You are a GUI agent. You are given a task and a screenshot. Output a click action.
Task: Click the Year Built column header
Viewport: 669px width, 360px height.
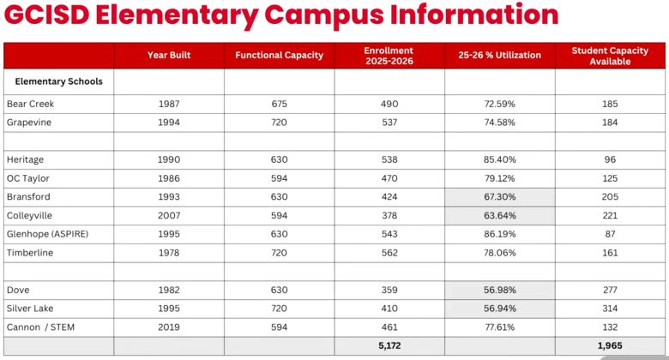[169, 56]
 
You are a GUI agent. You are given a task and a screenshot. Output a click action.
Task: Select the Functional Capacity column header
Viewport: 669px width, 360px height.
[280, 56]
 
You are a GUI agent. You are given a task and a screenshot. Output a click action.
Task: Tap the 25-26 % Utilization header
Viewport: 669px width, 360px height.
[499, 56]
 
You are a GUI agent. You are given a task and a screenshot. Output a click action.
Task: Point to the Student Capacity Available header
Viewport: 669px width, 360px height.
[610, 56]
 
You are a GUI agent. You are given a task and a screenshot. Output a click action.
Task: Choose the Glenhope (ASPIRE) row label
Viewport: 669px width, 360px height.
[47, 234]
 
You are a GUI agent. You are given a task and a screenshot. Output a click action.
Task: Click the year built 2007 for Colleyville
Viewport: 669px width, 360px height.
[169, 216]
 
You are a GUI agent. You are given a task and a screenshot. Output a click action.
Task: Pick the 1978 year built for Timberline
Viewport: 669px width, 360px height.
[169, 253]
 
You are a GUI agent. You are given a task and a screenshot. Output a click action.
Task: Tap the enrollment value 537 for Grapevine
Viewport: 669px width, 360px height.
[389, 123]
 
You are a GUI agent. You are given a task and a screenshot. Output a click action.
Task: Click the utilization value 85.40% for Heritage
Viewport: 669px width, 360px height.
[499, 159]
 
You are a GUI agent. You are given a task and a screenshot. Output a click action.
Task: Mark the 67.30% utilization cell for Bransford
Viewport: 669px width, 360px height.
[499, 197]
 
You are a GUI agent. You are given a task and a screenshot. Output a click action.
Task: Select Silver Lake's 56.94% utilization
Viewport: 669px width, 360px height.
[499, 309]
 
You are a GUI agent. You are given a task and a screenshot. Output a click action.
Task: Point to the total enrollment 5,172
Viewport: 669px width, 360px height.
[389, 346]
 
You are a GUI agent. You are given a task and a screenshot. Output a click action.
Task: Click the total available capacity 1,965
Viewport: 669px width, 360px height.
[610, 346]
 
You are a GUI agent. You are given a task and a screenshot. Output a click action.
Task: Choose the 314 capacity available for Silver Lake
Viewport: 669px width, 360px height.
[610, 309]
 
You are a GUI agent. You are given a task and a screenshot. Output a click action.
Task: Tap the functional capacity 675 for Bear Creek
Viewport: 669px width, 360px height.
[280, 104]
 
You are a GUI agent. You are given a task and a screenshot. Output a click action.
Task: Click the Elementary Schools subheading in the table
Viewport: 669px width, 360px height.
[59, 81]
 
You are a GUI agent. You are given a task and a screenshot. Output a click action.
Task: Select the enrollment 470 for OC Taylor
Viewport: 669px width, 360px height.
[389, 178]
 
